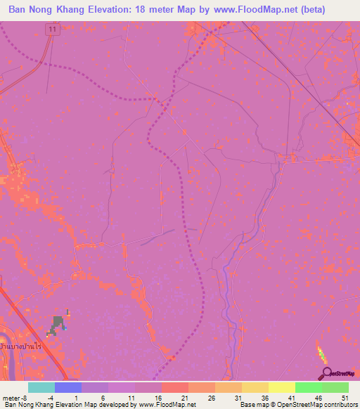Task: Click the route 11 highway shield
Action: point(51,29)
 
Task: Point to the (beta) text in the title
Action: point(335,10)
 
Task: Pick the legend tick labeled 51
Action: point(345,397)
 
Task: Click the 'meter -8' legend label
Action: point(14,397)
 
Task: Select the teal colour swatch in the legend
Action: point(41,387)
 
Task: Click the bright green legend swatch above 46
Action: point(308,387)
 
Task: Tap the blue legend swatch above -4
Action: point(67,387)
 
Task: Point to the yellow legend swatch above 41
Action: point(281,387)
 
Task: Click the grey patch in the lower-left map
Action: point(56,325)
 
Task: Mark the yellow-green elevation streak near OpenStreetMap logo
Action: point(321,353)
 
